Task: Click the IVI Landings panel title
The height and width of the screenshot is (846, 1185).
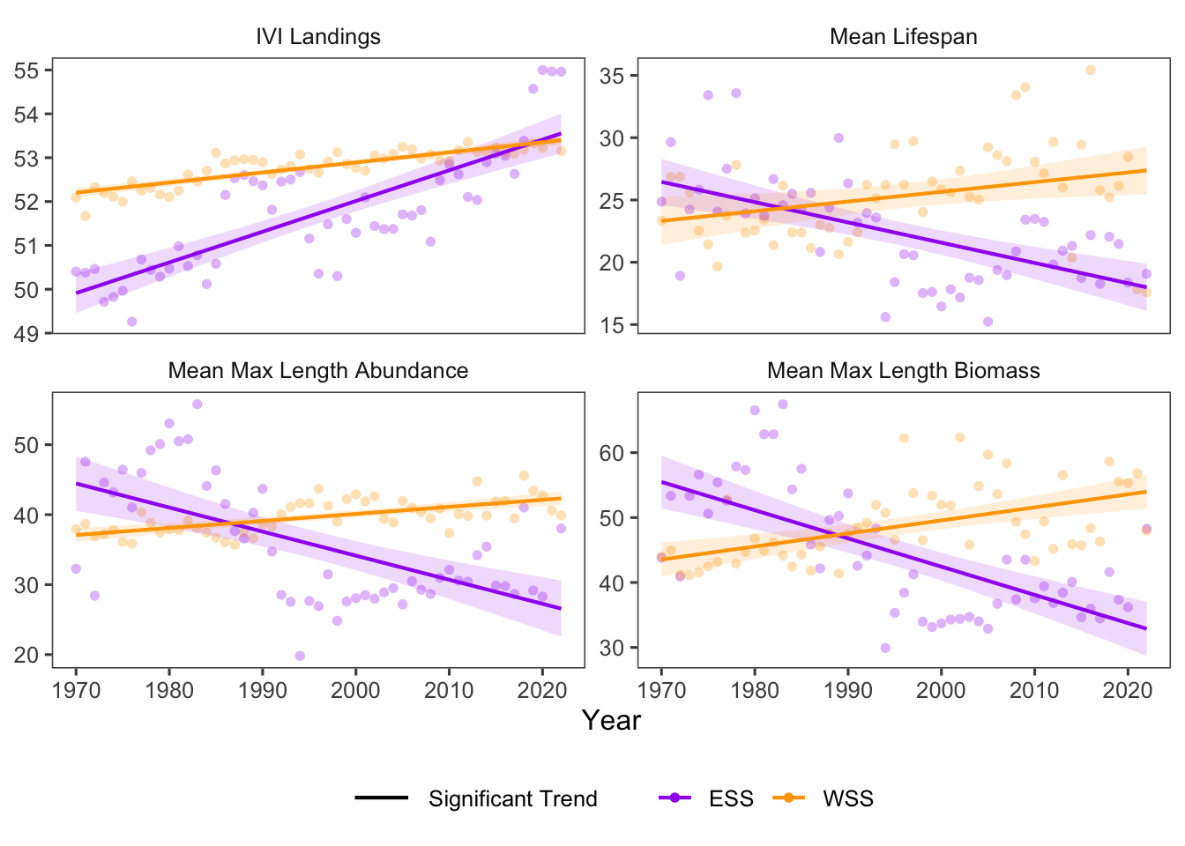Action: (x=317, y=37)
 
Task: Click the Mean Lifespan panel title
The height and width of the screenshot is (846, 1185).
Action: (x=903, y=37)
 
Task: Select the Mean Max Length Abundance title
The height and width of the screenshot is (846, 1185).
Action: (x=317, y=371)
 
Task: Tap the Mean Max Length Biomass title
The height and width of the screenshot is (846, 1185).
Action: (x=903, y=371)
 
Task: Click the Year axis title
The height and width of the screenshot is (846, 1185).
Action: (x=611, y=721)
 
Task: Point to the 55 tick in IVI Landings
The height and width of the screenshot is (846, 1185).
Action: (x=26, y=70)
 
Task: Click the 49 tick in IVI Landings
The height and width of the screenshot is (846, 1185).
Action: (x=26, y=333)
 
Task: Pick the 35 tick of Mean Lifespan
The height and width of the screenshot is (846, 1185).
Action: (x=612, y=76)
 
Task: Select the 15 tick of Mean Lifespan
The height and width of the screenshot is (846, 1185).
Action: (x=612, y=325)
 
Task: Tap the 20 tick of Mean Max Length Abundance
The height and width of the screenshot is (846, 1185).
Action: (x=26, y=655)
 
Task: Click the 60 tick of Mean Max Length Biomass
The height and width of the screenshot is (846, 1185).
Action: (x=612, y=453)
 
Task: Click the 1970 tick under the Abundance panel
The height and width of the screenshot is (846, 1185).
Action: (x=76, y=690)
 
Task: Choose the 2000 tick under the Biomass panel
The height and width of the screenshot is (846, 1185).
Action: (x=941, y=690)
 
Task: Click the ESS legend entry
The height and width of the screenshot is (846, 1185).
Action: (x=730, y=799)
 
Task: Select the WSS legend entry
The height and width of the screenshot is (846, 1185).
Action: (x=846, y=799)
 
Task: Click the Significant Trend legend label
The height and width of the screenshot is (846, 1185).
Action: (x=512, y=799)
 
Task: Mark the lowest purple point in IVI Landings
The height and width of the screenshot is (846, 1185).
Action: (x=132, y=322)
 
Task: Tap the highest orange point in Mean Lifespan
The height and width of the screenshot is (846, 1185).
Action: (x=1091, y=70)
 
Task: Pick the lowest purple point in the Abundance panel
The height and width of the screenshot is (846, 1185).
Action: (x=300, y=656)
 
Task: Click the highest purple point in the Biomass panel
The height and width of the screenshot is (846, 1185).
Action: (x=782, y=404)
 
